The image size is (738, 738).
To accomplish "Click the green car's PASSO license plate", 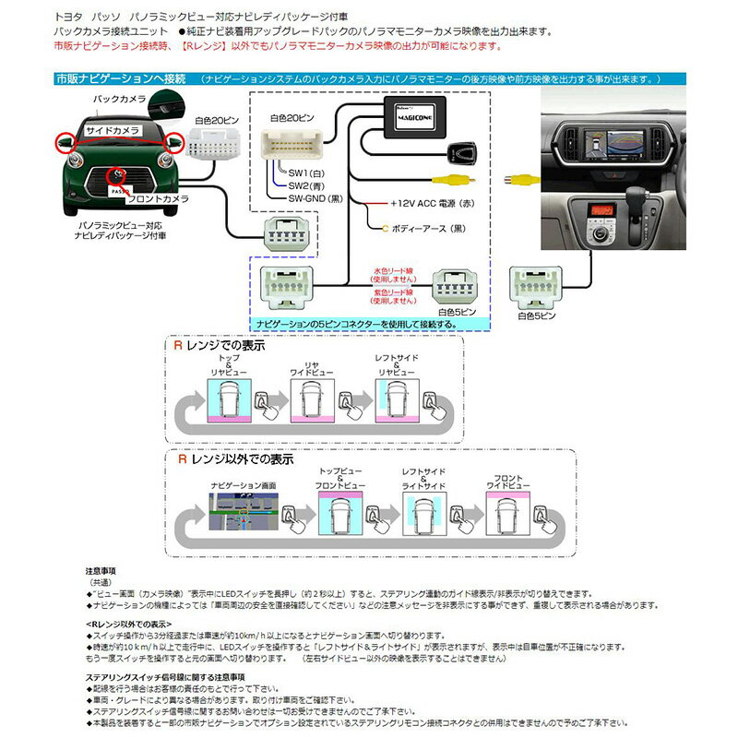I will click(119, 188).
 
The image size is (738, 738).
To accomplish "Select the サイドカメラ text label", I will click(113, 133).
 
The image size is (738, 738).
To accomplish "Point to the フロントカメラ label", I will click(161, 198).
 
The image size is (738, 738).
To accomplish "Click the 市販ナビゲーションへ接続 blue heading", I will click(122, 79).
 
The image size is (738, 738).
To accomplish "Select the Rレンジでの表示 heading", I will click(220, 346).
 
